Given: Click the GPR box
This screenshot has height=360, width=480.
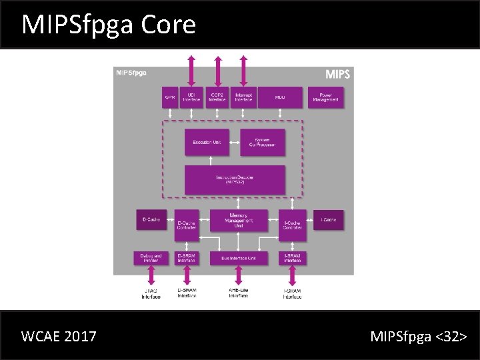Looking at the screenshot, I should tap(170, 97).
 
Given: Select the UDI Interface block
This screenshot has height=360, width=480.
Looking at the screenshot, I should tap(191, 97).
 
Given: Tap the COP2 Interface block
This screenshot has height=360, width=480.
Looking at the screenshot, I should tap(217, 97).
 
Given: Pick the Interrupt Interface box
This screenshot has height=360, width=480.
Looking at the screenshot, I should tap(243, 97).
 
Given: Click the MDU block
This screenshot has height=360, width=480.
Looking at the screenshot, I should tap(280, 97).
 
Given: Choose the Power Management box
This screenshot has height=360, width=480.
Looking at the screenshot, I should tap(326, 97).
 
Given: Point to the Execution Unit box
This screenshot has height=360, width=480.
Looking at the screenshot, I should tap(207, 143).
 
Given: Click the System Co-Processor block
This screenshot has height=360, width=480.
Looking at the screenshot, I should tap(262, 143).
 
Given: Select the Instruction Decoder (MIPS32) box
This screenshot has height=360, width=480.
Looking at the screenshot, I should tap(235, 179).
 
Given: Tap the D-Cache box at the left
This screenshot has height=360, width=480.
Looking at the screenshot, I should tap(151, 219).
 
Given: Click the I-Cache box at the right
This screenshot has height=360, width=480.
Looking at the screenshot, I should tap(329, 219).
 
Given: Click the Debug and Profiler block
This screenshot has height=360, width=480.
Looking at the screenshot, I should tap(151, 258).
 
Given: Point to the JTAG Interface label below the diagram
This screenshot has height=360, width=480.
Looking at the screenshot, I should tap(151, 293).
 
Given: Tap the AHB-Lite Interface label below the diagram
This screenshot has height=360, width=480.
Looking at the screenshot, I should tap(238, 293).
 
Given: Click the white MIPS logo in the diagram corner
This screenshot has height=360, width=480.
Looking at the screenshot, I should tap(337, 73).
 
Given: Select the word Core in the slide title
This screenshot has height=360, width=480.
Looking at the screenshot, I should tap(169, 24).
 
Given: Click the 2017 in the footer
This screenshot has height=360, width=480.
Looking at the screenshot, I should tap(81, 336).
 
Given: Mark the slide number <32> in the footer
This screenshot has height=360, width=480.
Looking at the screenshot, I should tap(451, 336).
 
